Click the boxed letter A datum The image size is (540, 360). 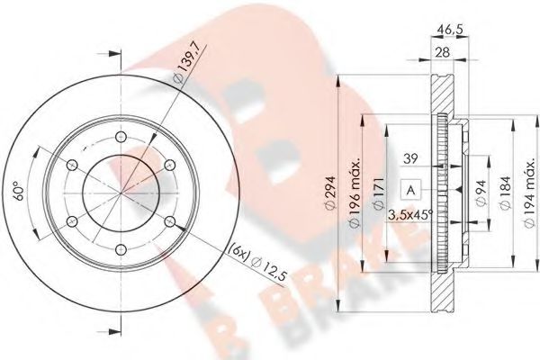pyautogui.click(x=410, y=190)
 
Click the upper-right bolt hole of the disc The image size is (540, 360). pyautogui.click(x=168, y=165)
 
